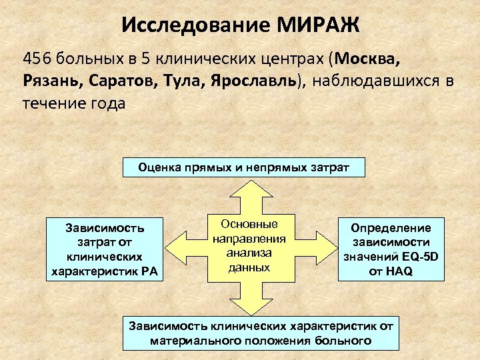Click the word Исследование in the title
[x=194, y=26]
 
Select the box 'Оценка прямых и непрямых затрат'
[x=244, y=167]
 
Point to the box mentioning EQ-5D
[x=391, y=249]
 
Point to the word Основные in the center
[x=249, y=225]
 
